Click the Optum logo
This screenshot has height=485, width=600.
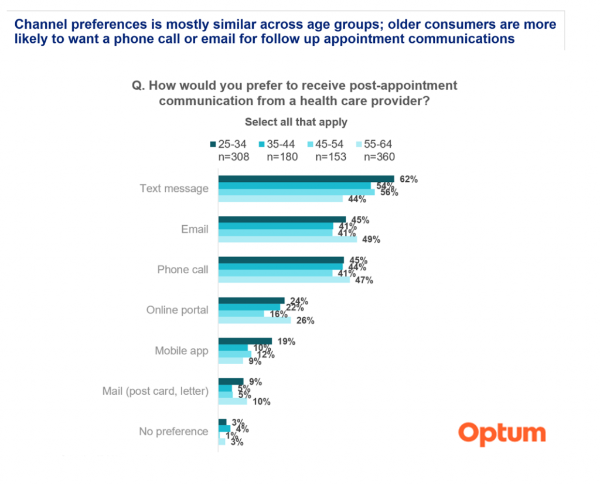point(502,434)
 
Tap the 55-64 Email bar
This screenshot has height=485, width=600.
point(287,239)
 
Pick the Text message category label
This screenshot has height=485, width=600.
point(174,189)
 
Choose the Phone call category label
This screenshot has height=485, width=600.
point(182,270)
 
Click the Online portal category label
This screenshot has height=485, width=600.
point(177,310)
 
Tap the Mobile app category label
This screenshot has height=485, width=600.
point(181,351)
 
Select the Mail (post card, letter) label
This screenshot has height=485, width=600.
point(155,391)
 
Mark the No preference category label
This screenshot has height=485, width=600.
point(173,432)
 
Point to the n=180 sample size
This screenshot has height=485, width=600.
point(282,157)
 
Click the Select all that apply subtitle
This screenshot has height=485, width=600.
point(296,122)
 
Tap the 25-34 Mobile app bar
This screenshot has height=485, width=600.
point(245,341)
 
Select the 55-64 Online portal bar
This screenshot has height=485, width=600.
point(254,320)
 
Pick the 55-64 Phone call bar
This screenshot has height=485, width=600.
point(284,280)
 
